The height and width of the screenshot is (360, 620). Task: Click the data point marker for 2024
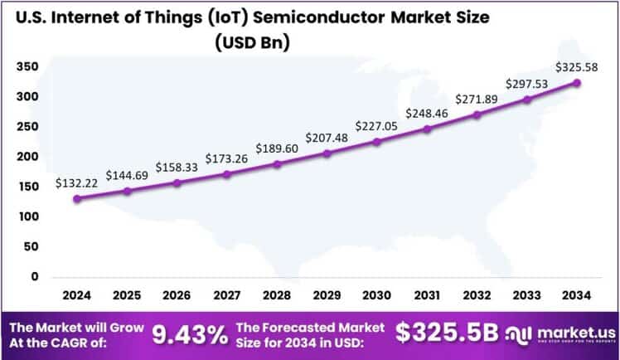(x=77, y=198)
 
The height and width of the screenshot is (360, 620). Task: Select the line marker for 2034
(x=577, y=83)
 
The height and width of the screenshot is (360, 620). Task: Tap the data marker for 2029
(x=327, y=153)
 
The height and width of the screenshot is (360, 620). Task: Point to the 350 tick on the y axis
(x=28, y=67)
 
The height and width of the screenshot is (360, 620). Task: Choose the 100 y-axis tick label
(x=28, y=216)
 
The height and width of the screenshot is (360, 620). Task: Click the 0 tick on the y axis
(x=35, y=276)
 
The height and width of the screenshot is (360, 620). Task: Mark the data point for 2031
(x=427, y=129)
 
